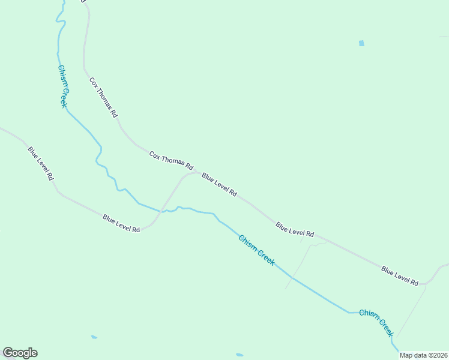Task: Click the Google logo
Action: [x=20, y=353]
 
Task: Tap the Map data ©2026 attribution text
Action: [x=423, y=355]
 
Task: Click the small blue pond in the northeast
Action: [x=361, y=43]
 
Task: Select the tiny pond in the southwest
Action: [x=94, y=337]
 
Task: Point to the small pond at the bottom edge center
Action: [x=240, y=355]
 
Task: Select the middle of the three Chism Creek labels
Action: [x=256, y=250]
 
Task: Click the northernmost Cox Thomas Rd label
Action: [x=103, y=97]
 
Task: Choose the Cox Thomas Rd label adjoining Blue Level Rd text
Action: [x=171, y=160]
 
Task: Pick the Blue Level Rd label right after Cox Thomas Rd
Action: [x=219, y=185]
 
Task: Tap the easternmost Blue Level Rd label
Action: [x=400, y=275]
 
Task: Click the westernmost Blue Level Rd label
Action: [x=41, y=163]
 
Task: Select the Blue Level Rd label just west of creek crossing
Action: [x=121, y=223]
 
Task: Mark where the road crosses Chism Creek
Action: [x=161, y=211]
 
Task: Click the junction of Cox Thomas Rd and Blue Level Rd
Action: [x=195, y=173]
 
